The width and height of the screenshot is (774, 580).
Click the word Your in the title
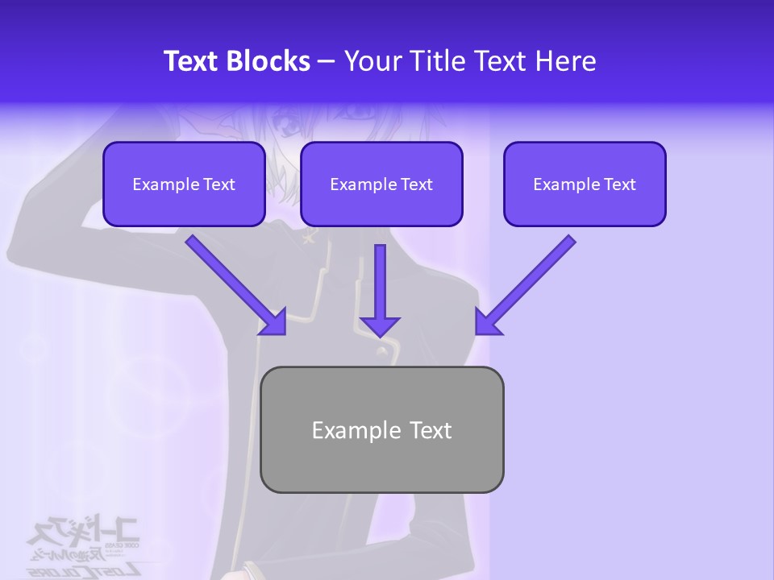click(x=371, y=61)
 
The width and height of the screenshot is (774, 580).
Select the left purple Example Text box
click(x=184, y=184)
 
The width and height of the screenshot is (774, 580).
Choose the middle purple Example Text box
click(x=381, y=184)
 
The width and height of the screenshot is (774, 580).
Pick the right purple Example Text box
click(x=585, y=184)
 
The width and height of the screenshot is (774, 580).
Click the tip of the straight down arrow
click(x=380, y=333)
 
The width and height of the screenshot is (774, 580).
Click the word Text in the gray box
click(x=431, y=430)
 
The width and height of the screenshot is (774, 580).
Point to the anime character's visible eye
click(x=287, y=123)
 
